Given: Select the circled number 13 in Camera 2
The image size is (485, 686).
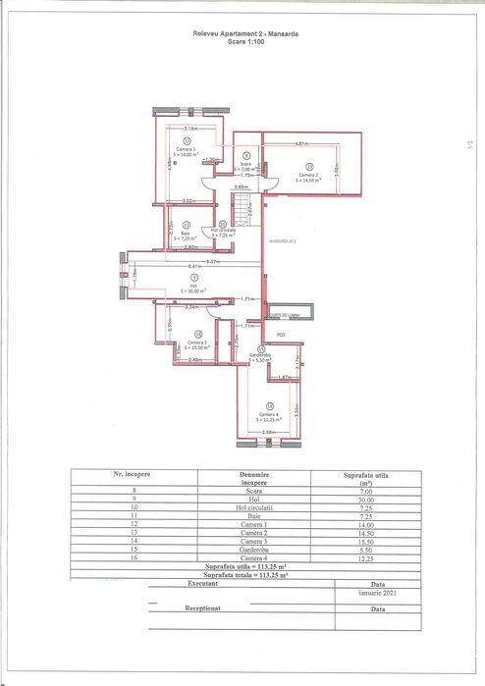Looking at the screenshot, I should click(x=308, y=166).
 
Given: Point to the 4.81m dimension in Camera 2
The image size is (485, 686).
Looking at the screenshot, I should click(x=303, y=144).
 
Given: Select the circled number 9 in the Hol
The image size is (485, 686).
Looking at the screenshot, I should click(x=193, y=278).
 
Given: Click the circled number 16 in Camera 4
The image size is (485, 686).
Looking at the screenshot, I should click(x=270, y=405).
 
